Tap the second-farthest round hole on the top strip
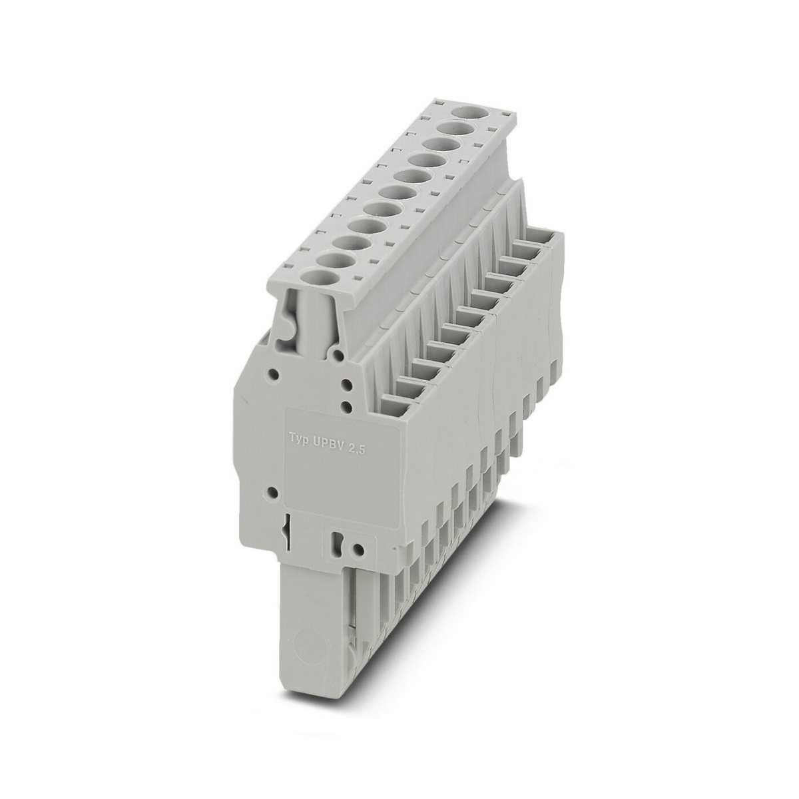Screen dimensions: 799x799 [454, 129]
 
